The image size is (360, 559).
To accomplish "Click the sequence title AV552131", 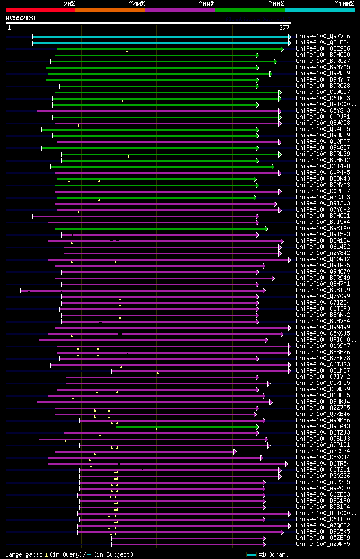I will (21, 18).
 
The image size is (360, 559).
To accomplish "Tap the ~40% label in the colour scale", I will (137, 4).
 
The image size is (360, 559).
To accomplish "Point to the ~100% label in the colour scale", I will (344, 4).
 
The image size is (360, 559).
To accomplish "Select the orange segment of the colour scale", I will (110, 10).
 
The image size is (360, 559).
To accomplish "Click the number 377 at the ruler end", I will (284, 28).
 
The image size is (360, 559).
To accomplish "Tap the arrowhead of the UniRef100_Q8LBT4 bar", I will (290, 42).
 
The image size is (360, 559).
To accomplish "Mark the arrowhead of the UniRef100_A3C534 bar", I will (235, 451).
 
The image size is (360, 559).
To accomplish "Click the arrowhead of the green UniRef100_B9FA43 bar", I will (257, 427).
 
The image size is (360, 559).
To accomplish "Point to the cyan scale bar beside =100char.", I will (251, 554).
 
